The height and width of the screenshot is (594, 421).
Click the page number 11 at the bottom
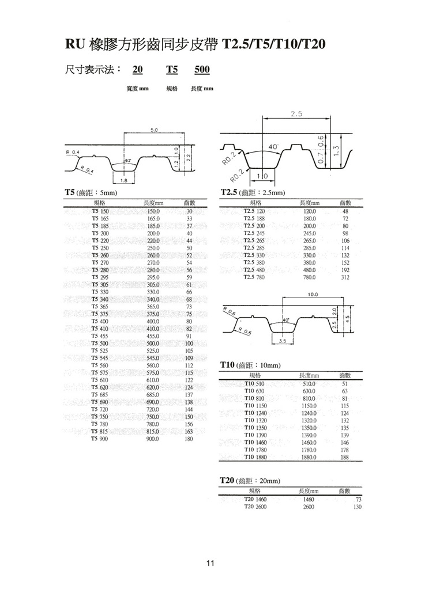tap(210, 563)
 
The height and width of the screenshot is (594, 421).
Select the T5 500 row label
tap(100, 344)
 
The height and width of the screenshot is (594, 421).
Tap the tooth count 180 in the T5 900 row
tap(187, 439)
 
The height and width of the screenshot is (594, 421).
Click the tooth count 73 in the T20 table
tap(358, 500)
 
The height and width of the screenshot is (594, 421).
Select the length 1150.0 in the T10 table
tap(310, 405)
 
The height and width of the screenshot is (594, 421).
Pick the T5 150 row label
tap(100, 212)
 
